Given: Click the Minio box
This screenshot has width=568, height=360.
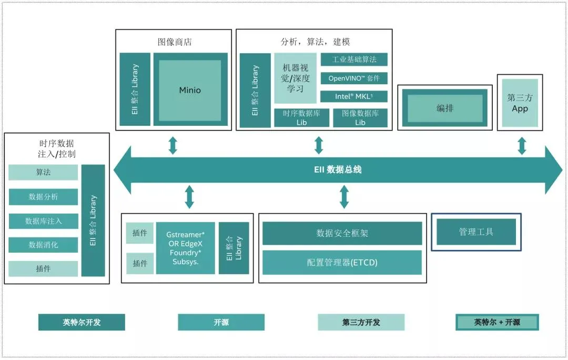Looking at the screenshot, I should click(x=190, y=90).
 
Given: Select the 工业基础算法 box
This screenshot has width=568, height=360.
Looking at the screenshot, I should click(x=353, y=59).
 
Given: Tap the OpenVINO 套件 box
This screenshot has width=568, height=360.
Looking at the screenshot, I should click(x=353, y=78).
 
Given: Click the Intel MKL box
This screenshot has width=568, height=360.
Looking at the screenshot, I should click(x=353, y=96).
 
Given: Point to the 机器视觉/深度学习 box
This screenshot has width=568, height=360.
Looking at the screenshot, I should click(x=295, y=78).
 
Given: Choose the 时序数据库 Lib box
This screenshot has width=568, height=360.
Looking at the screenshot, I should click(x=301, y=117).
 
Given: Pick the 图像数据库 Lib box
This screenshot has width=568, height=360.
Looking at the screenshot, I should click(x=360, y=117).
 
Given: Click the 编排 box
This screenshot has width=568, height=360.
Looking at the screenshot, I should click(x=445, y=108).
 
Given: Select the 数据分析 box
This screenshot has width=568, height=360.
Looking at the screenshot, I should click(x=43, y=197).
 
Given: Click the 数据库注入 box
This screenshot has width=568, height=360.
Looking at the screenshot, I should click(x=43, y=221).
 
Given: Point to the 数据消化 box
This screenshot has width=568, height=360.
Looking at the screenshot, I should click(x=43, y=245).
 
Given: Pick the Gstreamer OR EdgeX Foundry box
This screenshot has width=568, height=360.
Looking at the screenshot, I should click(x=185, y=248).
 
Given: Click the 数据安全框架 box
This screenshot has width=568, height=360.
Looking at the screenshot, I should click(x=342, y=233).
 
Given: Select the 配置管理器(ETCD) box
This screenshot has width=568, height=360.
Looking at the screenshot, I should click(x=342, y=262).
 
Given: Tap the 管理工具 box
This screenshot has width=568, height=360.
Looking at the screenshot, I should click(x=476, y=232).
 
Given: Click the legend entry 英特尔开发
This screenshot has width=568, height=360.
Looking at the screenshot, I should click(x=82, y=322).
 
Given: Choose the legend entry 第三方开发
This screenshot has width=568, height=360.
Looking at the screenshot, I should click(x=361, y=322).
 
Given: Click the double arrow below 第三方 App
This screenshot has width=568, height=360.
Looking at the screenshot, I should click(x=522, y=146).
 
